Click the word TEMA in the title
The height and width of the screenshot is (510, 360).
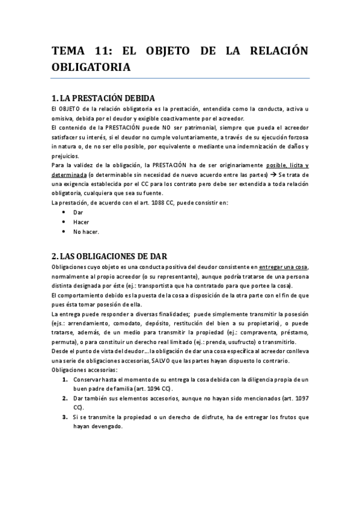click(x=70, y=52)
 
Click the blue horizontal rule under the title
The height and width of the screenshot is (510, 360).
click(x=180, y=78)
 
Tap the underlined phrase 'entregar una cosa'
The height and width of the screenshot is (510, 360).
click(x=284, y=266)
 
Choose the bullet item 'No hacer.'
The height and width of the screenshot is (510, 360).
click(x=86, y=232)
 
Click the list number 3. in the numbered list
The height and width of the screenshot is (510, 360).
click(x=65, y=416)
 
